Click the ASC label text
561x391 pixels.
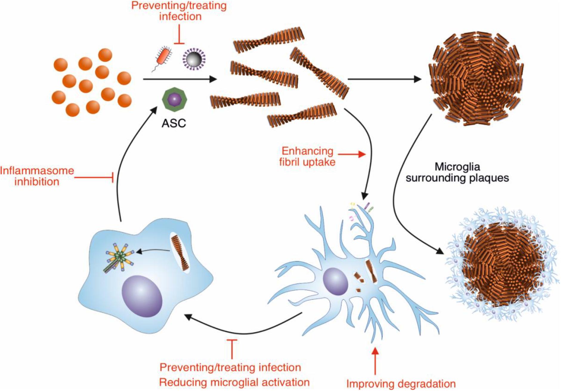(174, 123)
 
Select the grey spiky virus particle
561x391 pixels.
(194, 59)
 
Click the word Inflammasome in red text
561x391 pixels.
(37, 170)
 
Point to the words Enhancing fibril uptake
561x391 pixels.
(307, 156)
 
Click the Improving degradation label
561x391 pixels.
(401, 384)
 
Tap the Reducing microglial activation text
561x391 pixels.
(234, 382)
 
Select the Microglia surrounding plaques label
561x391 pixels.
(457, 172)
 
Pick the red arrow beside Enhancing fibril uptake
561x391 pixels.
(352, 154)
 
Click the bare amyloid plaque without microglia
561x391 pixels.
(476, 79)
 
